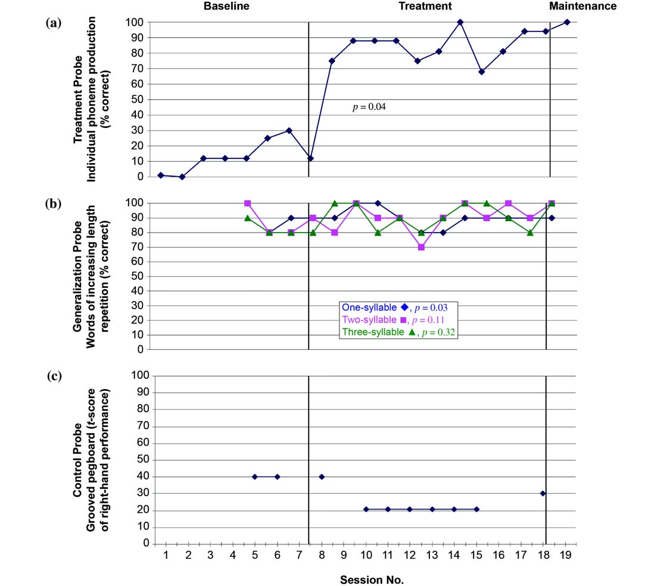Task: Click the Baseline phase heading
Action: (226, 7)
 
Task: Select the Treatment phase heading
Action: (425, 7)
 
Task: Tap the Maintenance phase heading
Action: (582, 7)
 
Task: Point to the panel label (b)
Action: (53, 203)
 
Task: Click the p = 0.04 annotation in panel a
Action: (370, 108)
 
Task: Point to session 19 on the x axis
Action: (566, 554)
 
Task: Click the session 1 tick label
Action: (166, 554)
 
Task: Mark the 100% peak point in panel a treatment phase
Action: (460, 23)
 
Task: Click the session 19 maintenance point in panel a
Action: (566, 23)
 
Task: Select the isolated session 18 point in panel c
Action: (543, 493)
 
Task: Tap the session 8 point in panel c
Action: (322, 477)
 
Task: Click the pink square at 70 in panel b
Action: (421, 247)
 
